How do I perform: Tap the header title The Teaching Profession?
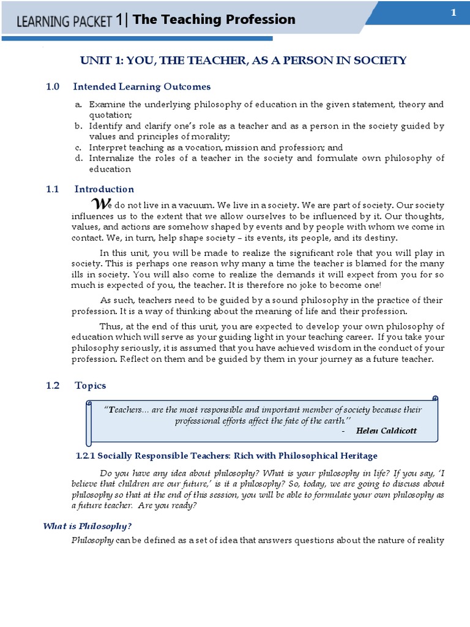click(214, 20)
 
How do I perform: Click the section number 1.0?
click(53, 87)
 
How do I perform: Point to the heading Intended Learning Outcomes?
click(142, 87)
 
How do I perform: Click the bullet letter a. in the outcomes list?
click(78, 105)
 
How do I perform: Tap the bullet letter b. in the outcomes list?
click(78, 126)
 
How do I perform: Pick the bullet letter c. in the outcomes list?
click(78, 148)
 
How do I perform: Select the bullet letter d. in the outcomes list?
click(78, 158)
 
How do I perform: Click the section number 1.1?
click(53, 189)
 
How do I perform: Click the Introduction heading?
click(104, 189)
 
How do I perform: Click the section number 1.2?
click(53, 385)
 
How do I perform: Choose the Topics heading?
click(90, 385)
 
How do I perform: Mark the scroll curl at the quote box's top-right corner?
click(435, 399)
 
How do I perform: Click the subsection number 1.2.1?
click(86, 456)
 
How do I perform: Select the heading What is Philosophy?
click(87, 526)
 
